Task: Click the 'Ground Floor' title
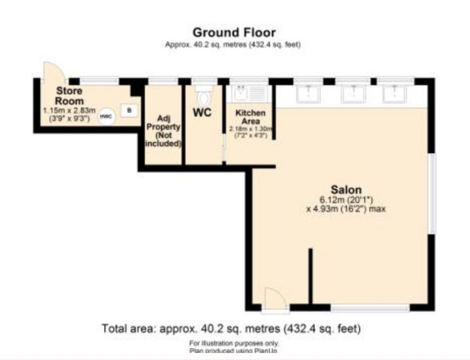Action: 233,32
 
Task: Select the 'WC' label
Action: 201,114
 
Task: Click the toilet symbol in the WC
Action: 203,96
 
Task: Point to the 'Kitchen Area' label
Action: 250,117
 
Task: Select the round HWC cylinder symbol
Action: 107,116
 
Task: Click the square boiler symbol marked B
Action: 129,110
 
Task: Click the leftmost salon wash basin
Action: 307,93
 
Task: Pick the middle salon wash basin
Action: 353,93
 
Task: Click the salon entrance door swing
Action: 274,297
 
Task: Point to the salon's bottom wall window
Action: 370,308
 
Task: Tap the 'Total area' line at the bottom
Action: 231,328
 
